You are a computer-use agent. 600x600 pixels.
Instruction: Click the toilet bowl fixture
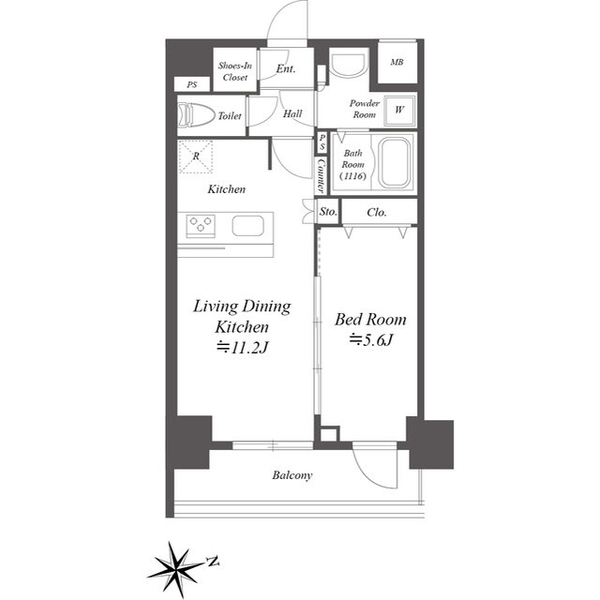(x=196, y=114)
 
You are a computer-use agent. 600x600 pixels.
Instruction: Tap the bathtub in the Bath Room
(x=394, y=163)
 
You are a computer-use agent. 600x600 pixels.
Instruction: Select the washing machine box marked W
(x=399, y=110)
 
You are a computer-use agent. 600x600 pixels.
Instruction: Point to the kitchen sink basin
(x=247, y=226)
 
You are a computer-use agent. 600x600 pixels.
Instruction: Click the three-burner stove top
(x=201, y=225)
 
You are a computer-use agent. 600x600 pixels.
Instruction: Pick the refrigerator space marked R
(x=196, y=157)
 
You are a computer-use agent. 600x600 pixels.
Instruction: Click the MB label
(x=397, y=62)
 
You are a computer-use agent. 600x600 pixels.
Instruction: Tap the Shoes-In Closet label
(x=235, y=71)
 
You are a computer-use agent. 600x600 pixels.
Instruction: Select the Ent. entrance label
(x=286, y=68)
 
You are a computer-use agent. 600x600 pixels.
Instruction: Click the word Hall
(x=292, y=113)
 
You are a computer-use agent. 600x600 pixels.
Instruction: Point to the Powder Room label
(x=365, y=109)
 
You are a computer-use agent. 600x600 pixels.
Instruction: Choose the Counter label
(x=321, y=175)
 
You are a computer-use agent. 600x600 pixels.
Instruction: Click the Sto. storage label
(x=328, y=211)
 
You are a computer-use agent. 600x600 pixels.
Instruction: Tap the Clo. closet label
(x=377, y=212)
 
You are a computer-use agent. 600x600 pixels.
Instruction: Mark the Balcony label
(x=292, y=475)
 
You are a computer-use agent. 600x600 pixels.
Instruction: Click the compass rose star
(x=175, y=567)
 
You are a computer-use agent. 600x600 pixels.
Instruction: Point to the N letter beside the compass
(x=213, y=561)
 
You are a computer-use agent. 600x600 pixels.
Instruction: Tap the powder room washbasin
(x=348, y=66)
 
